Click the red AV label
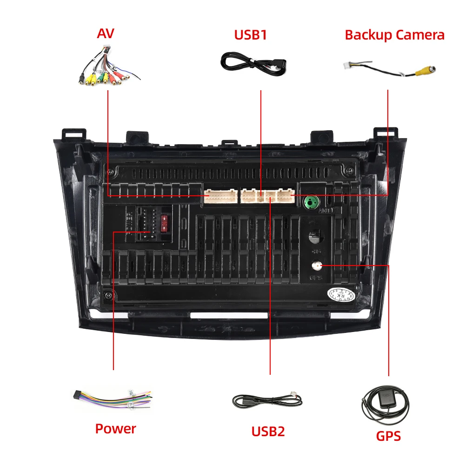[x=106, y=33]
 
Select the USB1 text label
[x=250, y=35]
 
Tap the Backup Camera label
[x=394, y=35]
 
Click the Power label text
[x=115, y=428]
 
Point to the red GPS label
[x=388, y=436]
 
